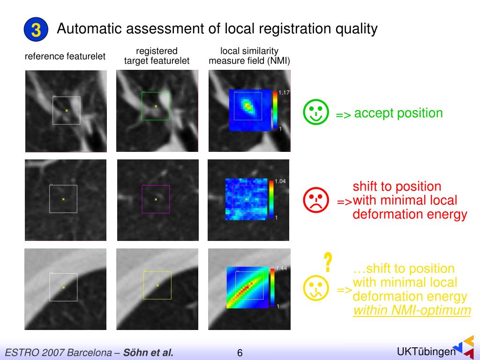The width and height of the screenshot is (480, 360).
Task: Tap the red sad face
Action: (315, 200)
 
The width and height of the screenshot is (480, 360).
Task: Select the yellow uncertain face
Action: (315, 288)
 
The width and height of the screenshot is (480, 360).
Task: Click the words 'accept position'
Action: (398, 113)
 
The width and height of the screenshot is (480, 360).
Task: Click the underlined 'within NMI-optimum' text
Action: (412, 310)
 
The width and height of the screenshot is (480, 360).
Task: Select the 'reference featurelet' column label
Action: (65, 56)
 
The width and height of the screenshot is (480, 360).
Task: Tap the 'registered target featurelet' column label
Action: (157, 56)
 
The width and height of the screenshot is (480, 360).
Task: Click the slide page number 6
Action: (240, 353)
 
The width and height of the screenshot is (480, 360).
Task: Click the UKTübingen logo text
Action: (426, 352)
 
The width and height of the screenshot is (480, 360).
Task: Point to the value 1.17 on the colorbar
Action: (284, 93)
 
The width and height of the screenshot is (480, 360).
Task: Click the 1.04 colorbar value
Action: (280, 181)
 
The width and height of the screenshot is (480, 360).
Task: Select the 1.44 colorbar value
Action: (281, 268)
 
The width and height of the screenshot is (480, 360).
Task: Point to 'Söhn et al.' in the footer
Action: (148, 352)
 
